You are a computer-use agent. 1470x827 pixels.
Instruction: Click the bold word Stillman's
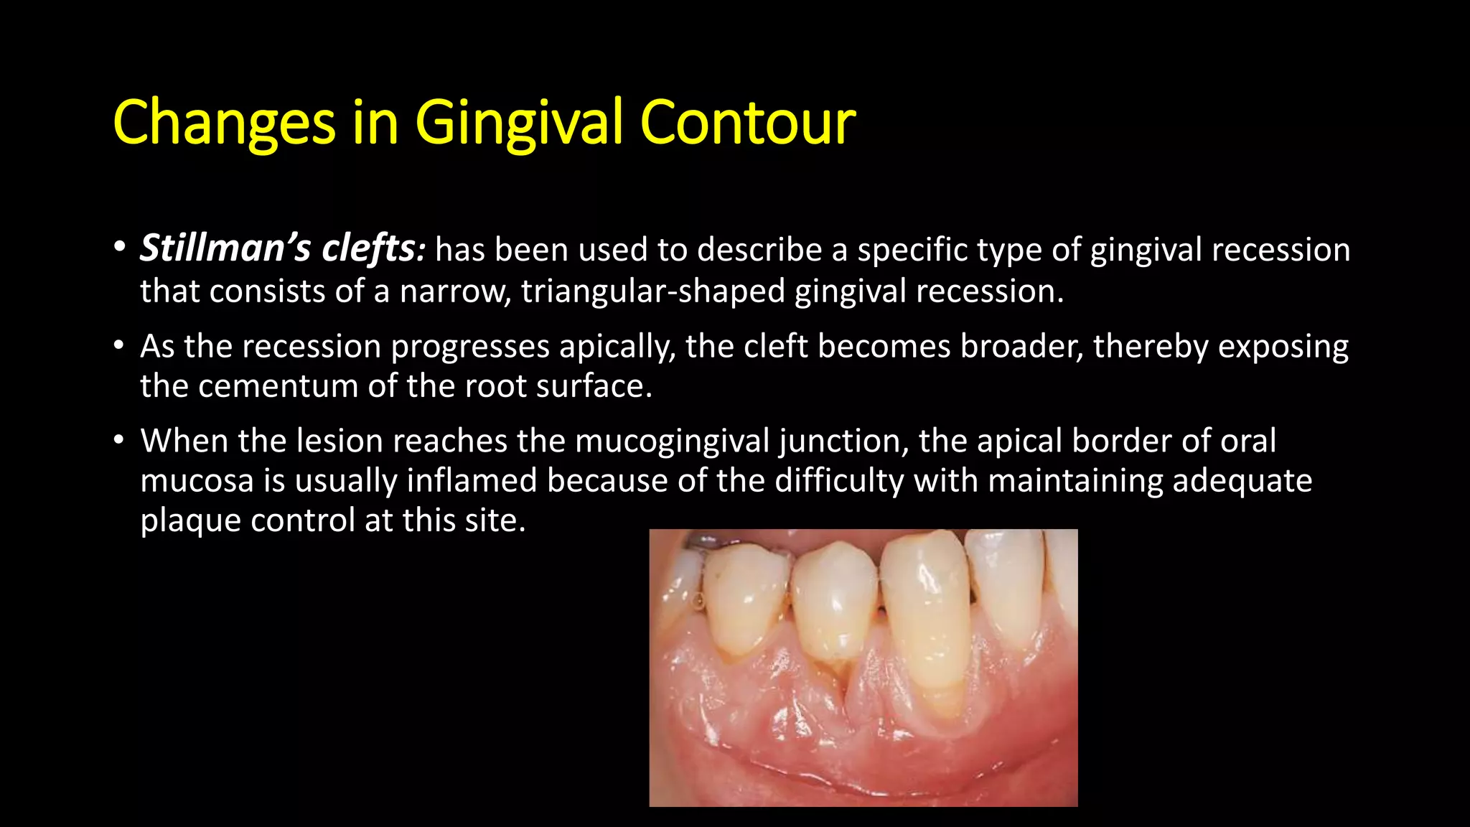225,248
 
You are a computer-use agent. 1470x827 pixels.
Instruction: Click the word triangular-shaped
652,291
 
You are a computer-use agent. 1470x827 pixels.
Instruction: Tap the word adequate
1242,480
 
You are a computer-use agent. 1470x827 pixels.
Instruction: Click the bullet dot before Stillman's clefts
119,248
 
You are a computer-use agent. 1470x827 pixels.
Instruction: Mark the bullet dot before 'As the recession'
119,346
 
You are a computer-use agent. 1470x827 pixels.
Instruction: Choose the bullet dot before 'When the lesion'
119,440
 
